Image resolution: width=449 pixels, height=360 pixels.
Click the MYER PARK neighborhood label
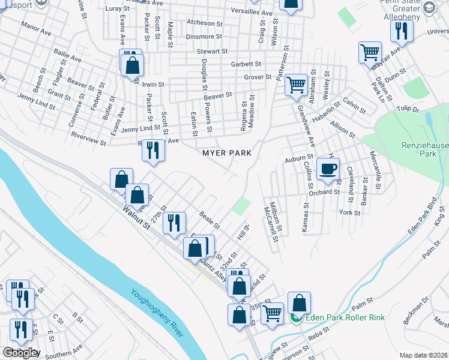click(x=226, y=153)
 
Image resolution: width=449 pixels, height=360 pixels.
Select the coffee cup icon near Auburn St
click(x=328, y=170)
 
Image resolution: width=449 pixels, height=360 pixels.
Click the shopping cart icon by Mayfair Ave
click(x=370, y=52)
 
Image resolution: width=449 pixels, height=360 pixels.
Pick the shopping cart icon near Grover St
click(x=296, y=86)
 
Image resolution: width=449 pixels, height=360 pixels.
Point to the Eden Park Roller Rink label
click(x=341, y=318)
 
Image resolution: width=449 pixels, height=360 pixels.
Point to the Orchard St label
click(x=325, y=192)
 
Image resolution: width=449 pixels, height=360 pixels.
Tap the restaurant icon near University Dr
click(x=401, y=31)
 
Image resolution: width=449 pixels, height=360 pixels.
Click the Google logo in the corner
click(x=20, y=353)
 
